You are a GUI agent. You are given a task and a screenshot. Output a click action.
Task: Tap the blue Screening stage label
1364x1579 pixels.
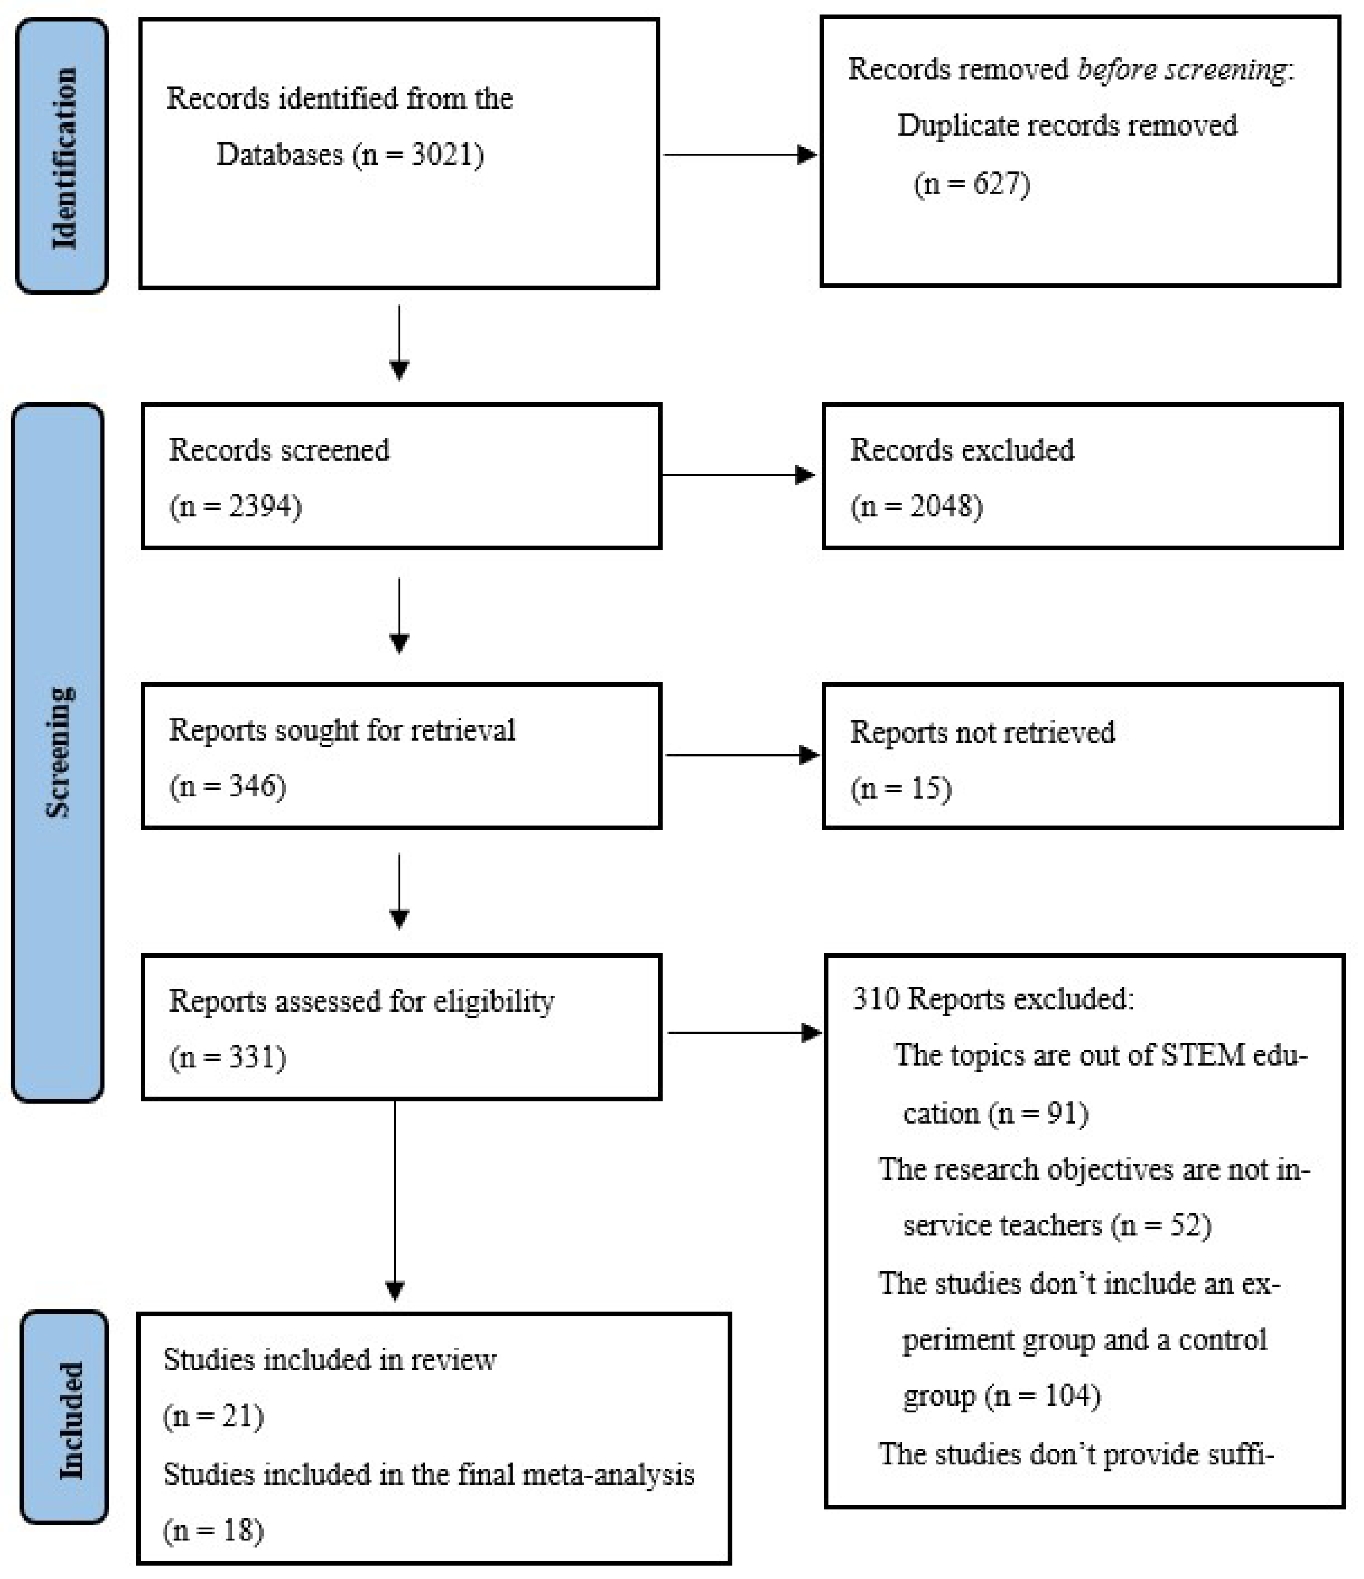coord(58,752)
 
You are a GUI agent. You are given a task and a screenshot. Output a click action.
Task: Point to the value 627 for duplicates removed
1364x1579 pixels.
coord(998,184)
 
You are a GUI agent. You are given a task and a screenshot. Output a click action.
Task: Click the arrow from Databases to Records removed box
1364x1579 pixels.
coord(739,154)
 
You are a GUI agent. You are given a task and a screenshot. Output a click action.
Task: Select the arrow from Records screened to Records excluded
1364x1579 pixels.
coord(738,475)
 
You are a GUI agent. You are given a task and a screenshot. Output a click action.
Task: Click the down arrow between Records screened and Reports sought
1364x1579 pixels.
coord(399,616)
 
